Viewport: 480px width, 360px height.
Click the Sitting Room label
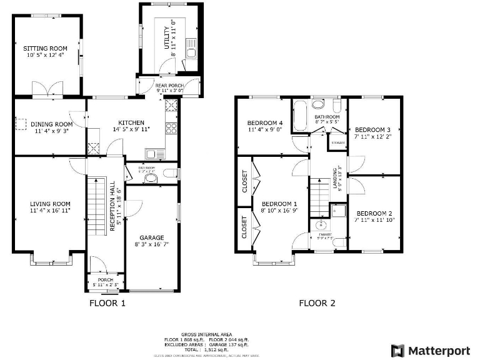(x=46, y=48)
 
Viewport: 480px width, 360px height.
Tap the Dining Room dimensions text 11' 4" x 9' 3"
(x=47, y=131)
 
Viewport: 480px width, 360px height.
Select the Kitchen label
(x=129, y=122)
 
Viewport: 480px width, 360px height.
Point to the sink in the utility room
(x=191, y=52)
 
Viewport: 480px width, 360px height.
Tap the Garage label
(x=152, y=237)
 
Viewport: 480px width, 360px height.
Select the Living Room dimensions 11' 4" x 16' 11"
(x=49, y=211)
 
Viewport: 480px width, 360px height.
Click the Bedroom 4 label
(x=265, y=122)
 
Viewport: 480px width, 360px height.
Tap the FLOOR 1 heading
(x=107, y=304)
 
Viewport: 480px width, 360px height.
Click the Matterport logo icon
(x=397, y=350)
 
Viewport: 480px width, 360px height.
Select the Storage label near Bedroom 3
(x=337, y=143)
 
